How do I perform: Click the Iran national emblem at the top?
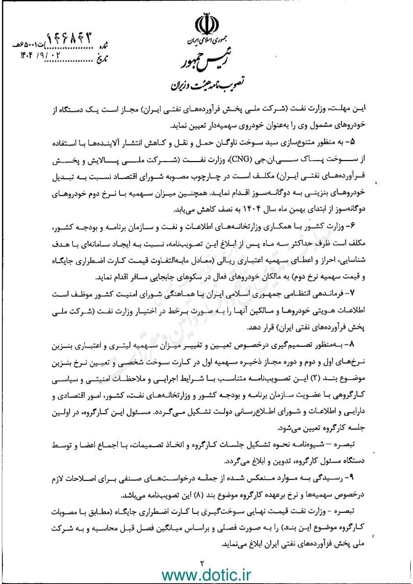[x=206, y=24]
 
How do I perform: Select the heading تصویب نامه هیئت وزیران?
[x=206, y=84]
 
